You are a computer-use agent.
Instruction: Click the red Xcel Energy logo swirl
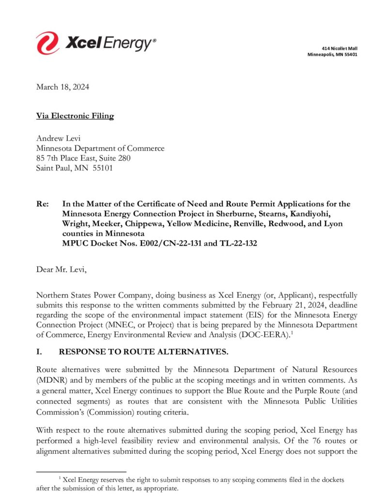coord(47,43)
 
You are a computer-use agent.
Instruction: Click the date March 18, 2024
coord(62,87)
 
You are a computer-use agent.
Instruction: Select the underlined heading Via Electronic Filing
coord(75,116)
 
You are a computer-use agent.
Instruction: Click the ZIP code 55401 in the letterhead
coord(349,55)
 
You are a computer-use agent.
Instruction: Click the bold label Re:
coord(42,204)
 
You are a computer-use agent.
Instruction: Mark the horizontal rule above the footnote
coord(81,472)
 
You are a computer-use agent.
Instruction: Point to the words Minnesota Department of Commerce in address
coord(100,149)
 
